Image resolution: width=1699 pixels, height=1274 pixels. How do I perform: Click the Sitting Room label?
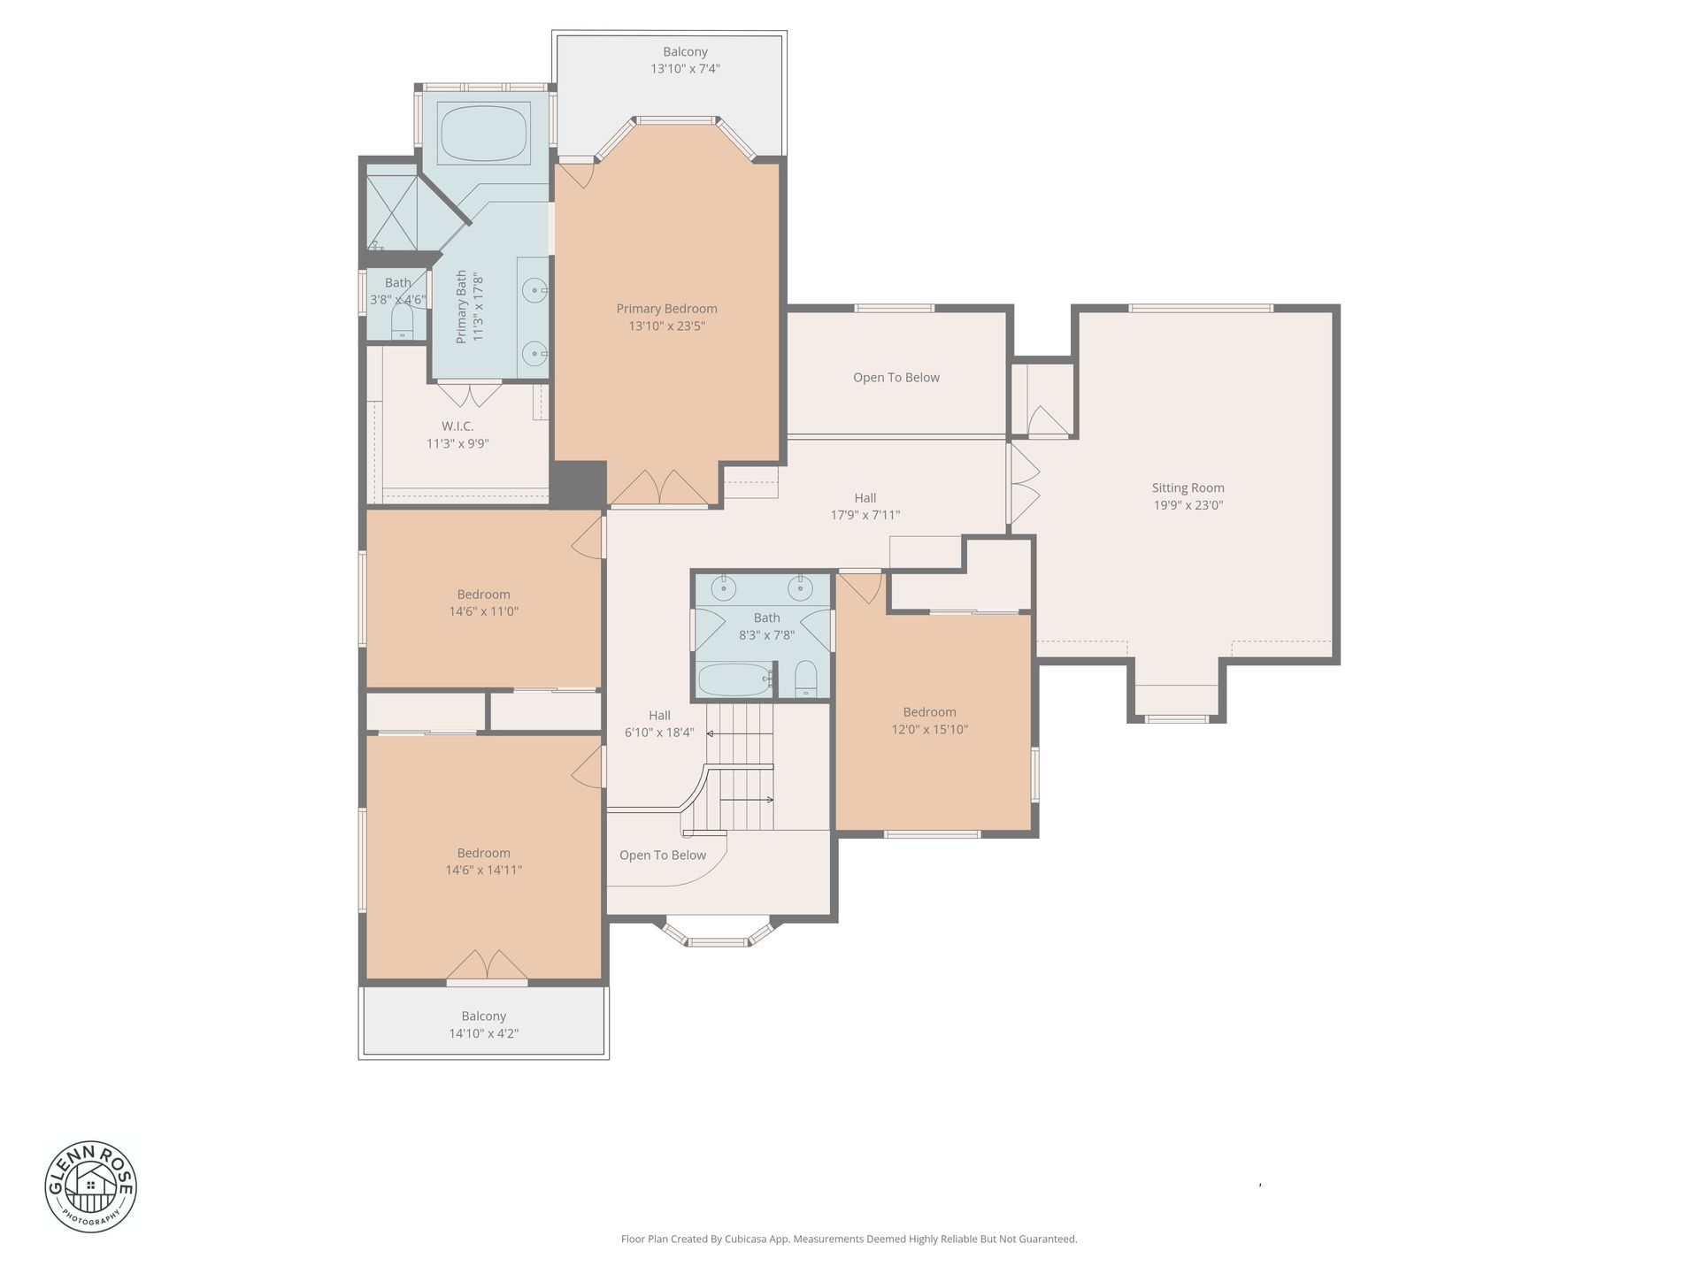click(1188, 487)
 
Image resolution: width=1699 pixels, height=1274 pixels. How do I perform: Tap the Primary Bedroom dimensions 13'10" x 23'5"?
click(666, 326)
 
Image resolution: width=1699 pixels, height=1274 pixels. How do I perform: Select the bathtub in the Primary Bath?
click(484, 134)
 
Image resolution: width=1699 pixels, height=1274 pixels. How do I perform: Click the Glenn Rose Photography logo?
click(91, 1186)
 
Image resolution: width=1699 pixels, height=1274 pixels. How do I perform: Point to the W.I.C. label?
click(457, 426)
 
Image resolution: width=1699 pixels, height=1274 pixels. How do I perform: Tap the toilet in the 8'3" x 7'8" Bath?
click(805, 679)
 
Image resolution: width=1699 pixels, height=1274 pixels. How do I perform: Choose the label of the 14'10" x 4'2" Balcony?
click(483, 1017)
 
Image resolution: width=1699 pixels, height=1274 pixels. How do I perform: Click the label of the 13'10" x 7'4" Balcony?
click(685, 51)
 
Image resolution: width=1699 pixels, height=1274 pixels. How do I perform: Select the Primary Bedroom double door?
click(659, 488)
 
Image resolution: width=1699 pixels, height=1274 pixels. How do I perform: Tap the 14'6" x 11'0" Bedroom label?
click(483, 595)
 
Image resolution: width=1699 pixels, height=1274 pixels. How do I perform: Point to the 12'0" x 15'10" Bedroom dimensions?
click(929, 730)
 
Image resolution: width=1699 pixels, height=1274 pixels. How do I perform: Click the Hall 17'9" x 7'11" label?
click(865, 498)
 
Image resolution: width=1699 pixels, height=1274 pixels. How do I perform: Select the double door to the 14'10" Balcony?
click(487, 966)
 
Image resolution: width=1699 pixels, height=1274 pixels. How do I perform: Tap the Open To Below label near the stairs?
click(663, 856)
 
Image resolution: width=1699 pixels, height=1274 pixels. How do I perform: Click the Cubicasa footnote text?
click(849, 1239)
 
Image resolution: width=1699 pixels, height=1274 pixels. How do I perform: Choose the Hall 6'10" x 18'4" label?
click(659, 716)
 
